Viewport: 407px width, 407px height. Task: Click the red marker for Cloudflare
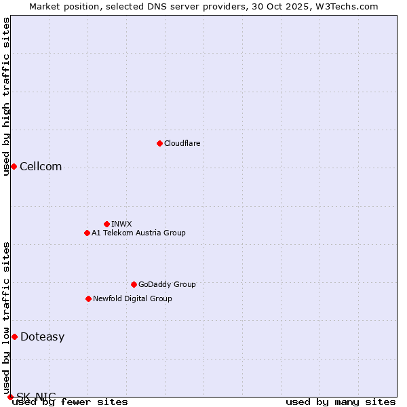pos(159,143)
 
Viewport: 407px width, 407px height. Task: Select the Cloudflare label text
pos(182,143)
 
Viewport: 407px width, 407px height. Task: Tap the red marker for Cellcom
pos(14,167)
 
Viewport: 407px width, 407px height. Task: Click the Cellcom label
pos(41,167)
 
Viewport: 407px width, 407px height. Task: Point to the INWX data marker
pos(106,224)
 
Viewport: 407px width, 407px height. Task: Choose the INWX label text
pos(121,224)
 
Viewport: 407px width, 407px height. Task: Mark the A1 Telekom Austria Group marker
pos(87,233)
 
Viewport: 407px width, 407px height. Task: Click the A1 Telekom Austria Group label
pos(138,233)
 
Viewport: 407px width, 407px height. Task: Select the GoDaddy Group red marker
pos(134,284)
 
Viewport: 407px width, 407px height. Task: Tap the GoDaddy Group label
pos(167,284)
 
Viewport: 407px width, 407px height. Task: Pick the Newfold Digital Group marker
pos(88,298)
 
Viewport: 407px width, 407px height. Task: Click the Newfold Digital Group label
pos(132,298)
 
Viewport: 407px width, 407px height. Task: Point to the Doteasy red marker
pos(14,337)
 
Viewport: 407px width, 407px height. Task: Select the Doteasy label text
pos(42,337)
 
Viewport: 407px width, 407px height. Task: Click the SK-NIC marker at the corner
pos(10,397)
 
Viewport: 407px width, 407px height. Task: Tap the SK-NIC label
pos(36,397)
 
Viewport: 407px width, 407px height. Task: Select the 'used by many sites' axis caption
pos(341,402)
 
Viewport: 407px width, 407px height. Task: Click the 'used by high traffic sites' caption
pos(7,96)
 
